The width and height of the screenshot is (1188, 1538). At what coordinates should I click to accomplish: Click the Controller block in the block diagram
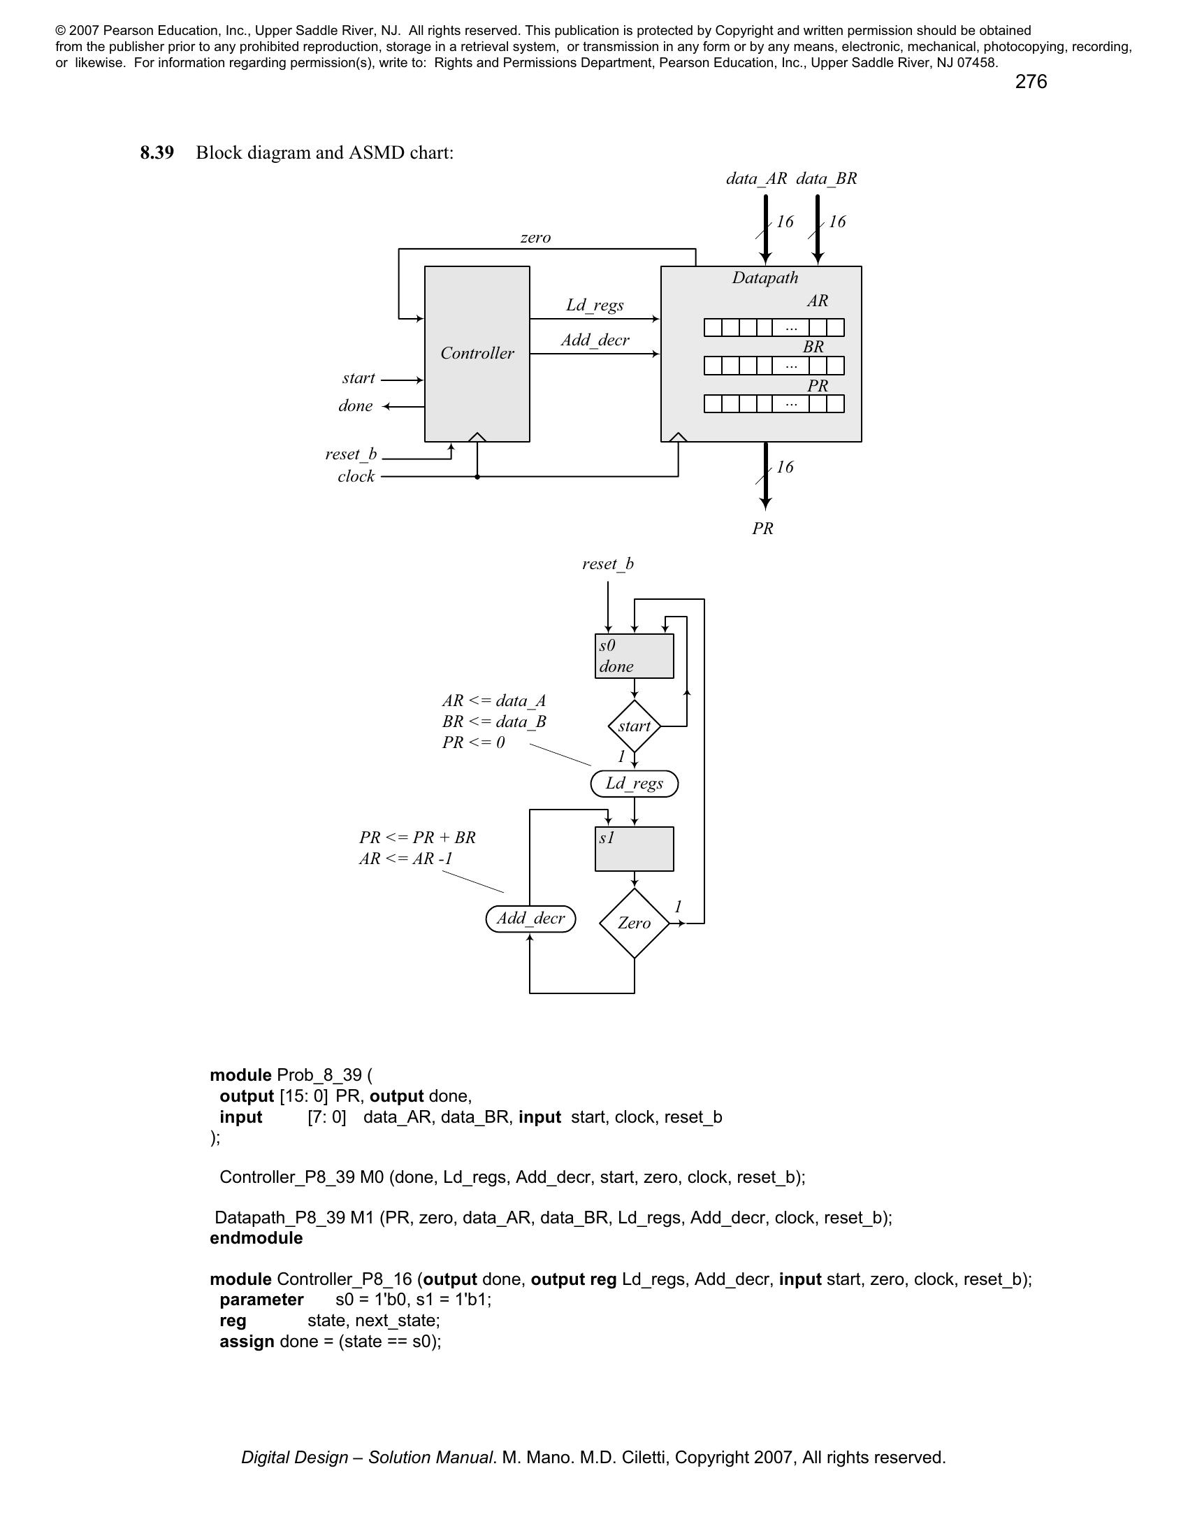pos(477,354)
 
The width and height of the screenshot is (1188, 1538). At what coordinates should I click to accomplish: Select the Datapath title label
pos(765,278)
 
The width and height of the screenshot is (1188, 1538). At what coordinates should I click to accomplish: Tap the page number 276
pos(1030,82)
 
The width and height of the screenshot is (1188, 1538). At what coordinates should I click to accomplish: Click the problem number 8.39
pos(157,153)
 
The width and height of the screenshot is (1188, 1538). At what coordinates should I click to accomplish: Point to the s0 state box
pos(633,656)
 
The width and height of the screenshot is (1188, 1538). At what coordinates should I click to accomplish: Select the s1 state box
pos(633,849)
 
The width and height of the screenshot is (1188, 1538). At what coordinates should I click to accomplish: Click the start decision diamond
pos(633,726)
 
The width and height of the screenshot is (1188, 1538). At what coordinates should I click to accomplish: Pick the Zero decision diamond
pos(633,923)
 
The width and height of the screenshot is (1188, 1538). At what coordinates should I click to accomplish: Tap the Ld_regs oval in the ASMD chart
pos(633,784)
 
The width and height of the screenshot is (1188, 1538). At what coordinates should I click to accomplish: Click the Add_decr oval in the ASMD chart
pos(530,919)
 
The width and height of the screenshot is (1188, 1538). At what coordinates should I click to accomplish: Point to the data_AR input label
pos(757,179)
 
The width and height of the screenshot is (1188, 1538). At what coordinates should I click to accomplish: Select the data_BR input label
pos(826,179)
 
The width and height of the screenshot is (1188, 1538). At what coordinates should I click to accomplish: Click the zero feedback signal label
pos(535,238)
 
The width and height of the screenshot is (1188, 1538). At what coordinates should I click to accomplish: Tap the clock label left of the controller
pos(356,477)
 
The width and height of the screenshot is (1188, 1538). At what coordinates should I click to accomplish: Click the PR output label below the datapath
pos(762,529)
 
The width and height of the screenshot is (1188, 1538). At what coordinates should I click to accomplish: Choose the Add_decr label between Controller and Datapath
pos(595,341)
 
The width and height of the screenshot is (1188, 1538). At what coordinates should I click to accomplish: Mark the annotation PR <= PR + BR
pos(417,838)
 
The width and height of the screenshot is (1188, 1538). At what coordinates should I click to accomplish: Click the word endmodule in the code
pos(256,1238)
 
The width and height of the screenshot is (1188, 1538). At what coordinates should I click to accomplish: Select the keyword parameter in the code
pos(261,1300)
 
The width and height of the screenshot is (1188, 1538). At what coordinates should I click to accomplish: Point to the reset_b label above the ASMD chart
pos(607,564)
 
